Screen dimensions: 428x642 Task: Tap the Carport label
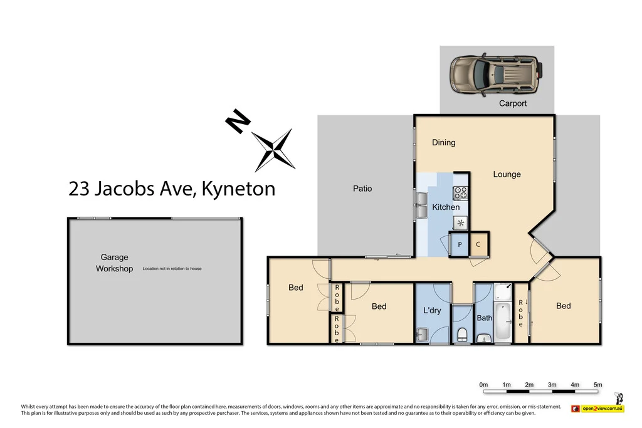tap(513, 103)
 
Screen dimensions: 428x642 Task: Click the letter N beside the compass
tap(236, 122)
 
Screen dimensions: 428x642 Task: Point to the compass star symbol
tap(274, 149)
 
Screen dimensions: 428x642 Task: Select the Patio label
tap(362, 188)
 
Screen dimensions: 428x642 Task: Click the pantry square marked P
tap(460, 244)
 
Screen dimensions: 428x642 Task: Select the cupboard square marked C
tap(478, 244)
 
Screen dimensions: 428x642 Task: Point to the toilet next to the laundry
tap(463, 333)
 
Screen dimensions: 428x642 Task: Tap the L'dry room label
tap(433, 310)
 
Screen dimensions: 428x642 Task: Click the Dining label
tap(444, 142)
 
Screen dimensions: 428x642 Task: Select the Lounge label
tap(507, 174)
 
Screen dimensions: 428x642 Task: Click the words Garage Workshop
tap(114, 263)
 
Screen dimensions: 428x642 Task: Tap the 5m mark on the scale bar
tap(597, 384)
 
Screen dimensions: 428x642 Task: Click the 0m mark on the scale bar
tap(483, 384)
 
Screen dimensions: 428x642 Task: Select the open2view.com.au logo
tap(598, 409)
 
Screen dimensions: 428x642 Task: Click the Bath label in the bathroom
tap(485, 318)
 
